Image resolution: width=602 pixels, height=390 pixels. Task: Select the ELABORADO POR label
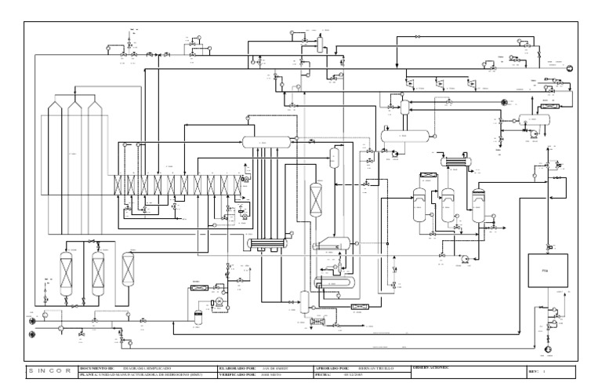(240, 366)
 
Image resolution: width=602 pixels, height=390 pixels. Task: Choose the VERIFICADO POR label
(240, 374)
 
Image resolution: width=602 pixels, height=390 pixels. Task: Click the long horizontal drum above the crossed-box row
(266, 141)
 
